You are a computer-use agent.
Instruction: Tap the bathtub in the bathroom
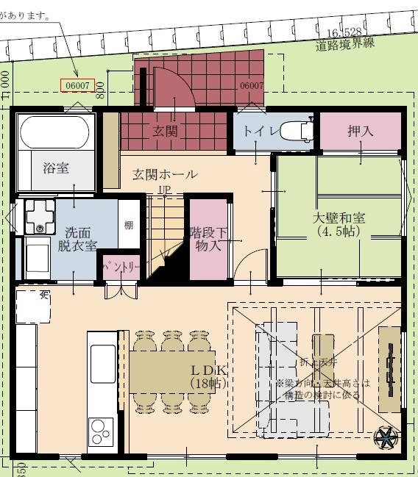tap(56, 132)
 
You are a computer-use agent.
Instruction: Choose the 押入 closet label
tap(361, 132)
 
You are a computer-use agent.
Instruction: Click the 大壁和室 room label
tap(339, 223)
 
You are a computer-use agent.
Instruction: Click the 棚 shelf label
tap(129, 225)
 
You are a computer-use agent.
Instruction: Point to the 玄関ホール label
tap(165, 175)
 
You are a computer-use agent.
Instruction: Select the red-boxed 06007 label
tap(77, 85)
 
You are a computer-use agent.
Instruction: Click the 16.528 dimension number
tap(346, 32)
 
